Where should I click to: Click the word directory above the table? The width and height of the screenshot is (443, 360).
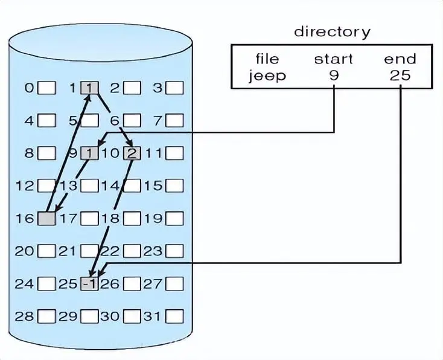332,31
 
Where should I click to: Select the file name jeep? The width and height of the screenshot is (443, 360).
267,76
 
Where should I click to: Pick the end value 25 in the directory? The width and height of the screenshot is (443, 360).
400,76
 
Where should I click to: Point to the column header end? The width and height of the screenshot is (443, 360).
400,59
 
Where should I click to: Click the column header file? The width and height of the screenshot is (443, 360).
267,59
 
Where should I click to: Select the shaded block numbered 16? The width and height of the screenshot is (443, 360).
46,218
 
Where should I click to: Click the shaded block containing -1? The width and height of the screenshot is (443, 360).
89,283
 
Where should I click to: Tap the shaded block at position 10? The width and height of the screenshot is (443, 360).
132,153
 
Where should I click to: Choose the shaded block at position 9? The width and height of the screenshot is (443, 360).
89,153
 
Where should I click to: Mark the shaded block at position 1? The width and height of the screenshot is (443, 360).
89,88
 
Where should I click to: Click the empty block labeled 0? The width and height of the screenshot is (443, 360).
46,88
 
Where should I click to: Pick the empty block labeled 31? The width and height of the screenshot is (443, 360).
174,316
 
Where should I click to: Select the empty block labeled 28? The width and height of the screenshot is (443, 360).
46,316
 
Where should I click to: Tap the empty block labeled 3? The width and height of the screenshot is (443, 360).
174,88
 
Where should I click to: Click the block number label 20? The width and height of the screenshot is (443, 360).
24,251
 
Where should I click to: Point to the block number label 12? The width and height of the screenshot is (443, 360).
24,185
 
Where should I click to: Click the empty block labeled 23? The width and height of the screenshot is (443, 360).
174,251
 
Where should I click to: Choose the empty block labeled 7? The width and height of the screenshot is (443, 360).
174,121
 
